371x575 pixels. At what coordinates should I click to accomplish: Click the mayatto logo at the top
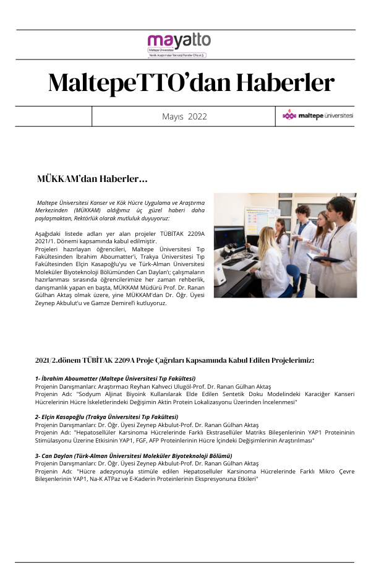(x=178, y=43)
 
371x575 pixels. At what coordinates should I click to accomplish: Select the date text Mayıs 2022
(x=184, y=116)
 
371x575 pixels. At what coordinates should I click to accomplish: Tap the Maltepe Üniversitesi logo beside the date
(x=317, y=116)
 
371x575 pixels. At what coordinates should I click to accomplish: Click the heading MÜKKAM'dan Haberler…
(x=92, y=179)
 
